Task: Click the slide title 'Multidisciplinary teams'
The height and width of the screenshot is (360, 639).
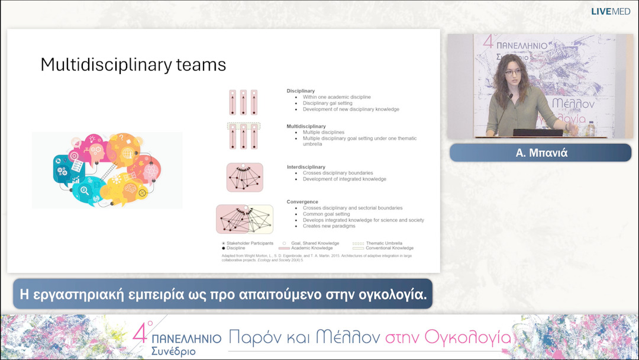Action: tap(133, 65)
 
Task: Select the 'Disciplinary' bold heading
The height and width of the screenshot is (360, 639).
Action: tap(301, 91)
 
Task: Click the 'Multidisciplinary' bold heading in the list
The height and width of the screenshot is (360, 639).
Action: tap(306, 126)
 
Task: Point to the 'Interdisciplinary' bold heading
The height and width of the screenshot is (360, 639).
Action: tap(306, 167)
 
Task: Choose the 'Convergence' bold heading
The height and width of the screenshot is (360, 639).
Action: tap(302, 202)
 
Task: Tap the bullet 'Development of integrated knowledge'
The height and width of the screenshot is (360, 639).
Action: tap(344, 179)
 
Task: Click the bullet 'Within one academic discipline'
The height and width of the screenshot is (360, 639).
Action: tap(337, 97)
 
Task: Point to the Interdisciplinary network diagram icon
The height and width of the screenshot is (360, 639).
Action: tap(245, 177)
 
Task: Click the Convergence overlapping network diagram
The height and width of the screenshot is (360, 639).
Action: tap(244, 218)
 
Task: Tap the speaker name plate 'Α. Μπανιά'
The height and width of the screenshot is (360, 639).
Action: tap(540, 153)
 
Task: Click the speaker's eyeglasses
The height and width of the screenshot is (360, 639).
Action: tap(513, 72)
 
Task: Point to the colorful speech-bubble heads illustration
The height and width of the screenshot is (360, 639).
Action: tap(107, 170)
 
